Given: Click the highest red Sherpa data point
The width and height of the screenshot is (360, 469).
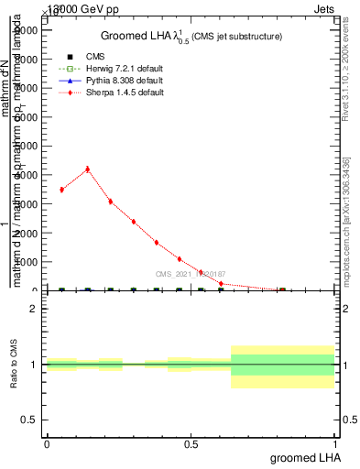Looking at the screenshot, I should tap(87, 169).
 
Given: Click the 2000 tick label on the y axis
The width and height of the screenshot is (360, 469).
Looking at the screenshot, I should tap(26, 233).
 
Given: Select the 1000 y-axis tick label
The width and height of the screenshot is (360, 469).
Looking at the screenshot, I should tap(26, 262).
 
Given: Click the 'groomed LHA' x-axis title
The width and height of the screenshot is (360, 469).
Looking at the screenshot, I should tap(303, 457).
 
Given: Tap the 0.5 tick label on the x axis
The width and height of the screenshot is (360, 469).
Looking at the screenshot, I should tap(191, 444).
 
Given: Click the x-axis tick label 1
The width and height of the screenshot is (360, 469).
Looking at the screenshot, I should tap(334, 444).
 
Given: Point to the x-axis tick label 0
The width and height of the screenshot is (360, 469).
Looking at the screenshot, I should tap(47, 444).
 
